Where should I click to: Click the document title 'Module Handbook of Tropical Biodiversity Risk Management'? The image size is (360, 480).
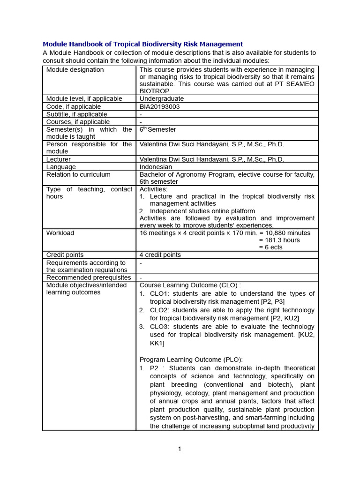tap(143, 44)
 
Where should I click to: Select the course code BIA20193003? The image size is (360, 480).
tap(159, 106)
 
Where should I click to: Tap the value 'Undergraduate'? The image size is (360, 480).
tap(162, 99)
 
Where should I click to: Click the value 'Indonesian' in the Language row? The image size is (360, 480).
tap(156, 167)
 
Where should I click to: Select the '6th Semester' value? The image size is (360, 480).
tap(158, 129)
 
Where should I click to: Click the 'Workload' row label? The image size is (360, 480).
tap(60, 233)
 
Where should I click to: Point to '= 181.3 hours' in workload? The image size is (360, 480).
tap(279, 240)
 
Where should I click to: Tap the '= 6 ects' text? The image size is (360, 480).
tap(271, 247)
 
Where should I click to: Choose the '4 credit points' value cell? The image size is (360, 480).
tap(160, 255)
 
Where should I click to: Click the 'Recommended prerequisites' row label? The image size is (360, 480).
tap(89, 277)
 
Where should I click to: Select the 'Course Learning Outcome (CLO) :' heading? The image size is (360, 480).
tap(190, 285)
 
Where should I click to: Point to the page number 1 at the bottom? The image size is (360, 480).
tap(180, 449)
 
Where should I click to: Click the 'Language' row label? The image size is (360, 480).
tap(61, 167)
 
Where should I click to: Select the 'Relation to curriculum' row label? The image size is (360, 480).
tap(78, 174)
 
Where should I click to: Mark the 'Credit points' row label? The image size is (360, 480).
tap(65, 255)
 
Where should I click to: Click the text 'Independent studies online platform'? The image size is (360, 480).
tap(202, 211)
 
